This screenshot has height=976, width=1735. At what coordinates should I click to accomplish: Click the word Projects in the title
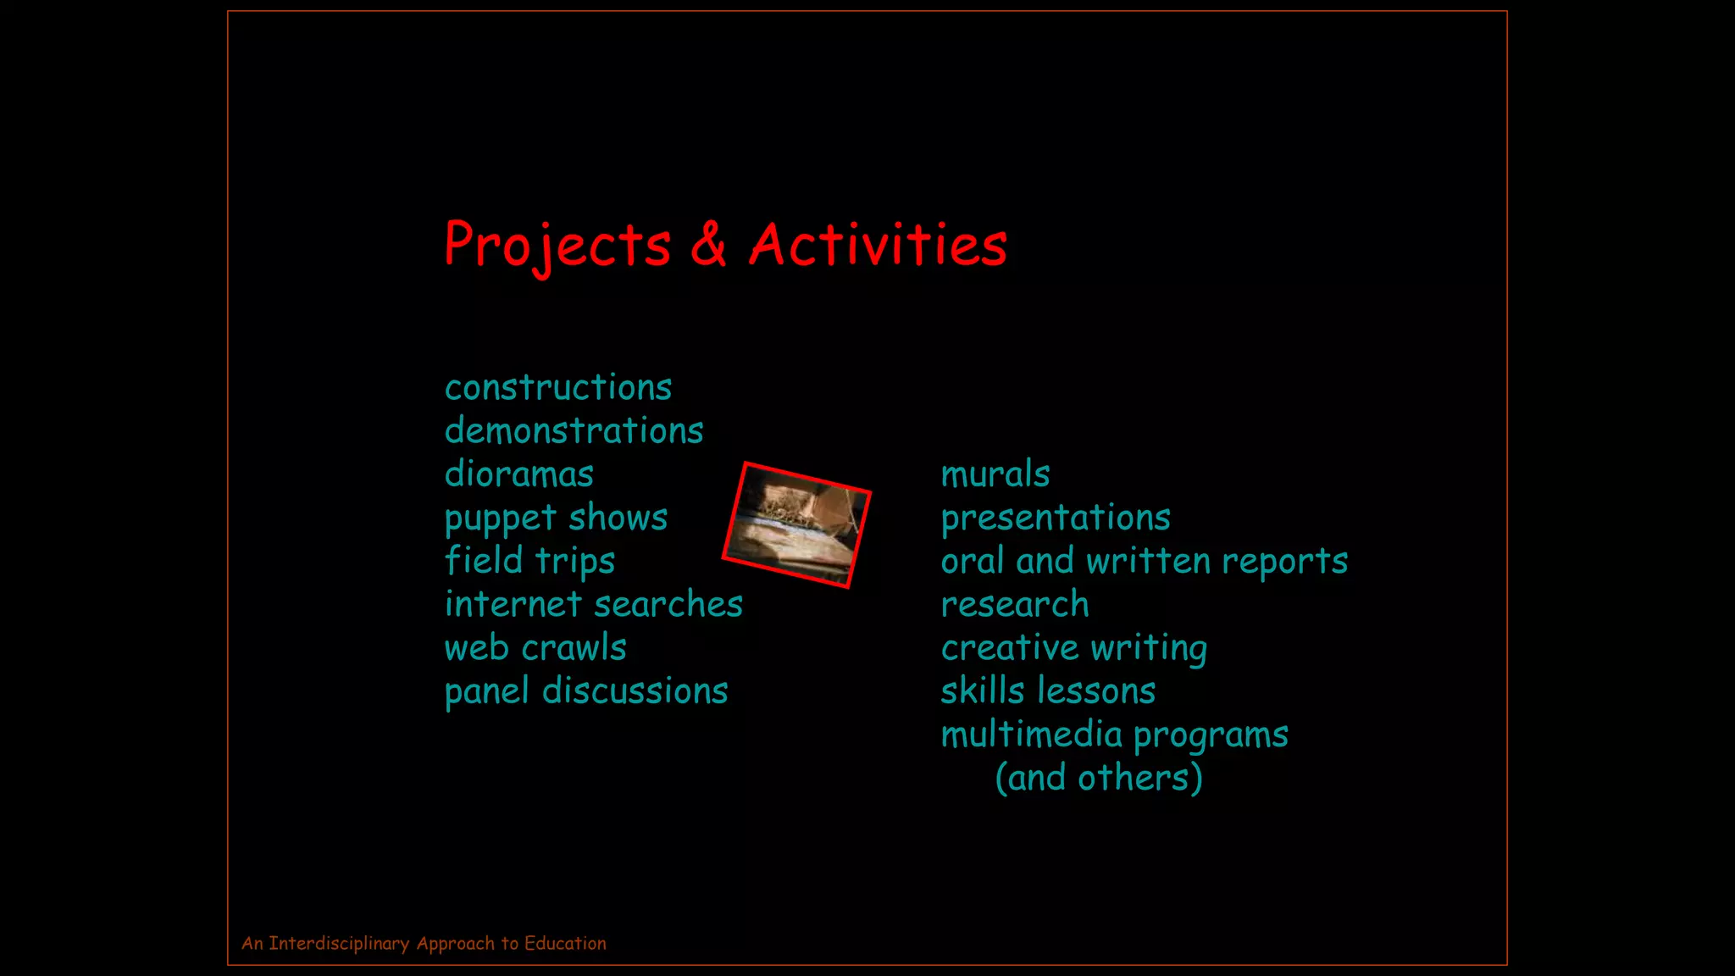[x=557, y=246]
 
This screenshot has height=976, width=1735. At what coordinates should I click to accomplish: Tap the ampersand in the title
[x=708, y=244]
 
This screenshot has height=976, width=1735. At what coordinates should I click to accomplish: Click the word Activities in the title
[x=878, y=245]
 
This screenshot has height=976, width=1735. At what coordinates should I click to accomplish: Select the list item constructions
[x=558, y=388]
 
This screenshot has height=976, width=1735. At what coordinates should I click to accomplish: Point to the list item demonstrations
[x=574, y=431]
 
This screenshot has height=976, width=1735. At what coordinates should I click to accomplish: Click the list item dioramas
[x=519, y=474]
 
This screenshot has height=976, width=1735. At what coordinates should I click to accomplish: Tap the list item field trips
[x=529, y=562]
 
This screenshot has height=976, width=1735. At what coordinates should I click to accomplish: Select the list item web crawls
[x=535, y=648]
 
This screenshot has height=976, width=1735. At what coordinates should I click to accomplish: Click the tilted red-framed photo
[x=796, y=525]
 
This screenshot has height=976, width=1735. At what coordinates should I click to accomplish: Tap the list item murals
[x=995, y=474]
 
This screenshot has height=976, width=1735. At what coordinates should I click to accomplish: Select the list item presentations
[x=1056, y=518]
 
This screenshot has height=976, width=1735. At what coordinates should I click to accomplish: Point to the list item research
[x=1015, y=605]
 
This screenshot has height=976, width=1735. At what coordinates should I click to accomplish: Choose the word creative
[x=1009, y=648]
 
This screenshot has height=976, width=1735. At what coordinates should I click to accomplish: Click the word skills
[x=983, y=691]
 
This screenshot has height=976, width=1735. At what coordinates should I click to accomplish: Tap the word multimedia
[x=1031, y=735]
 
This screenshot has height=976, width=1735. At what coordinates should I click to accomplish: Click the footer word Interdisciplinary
[x=339, y=944]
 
